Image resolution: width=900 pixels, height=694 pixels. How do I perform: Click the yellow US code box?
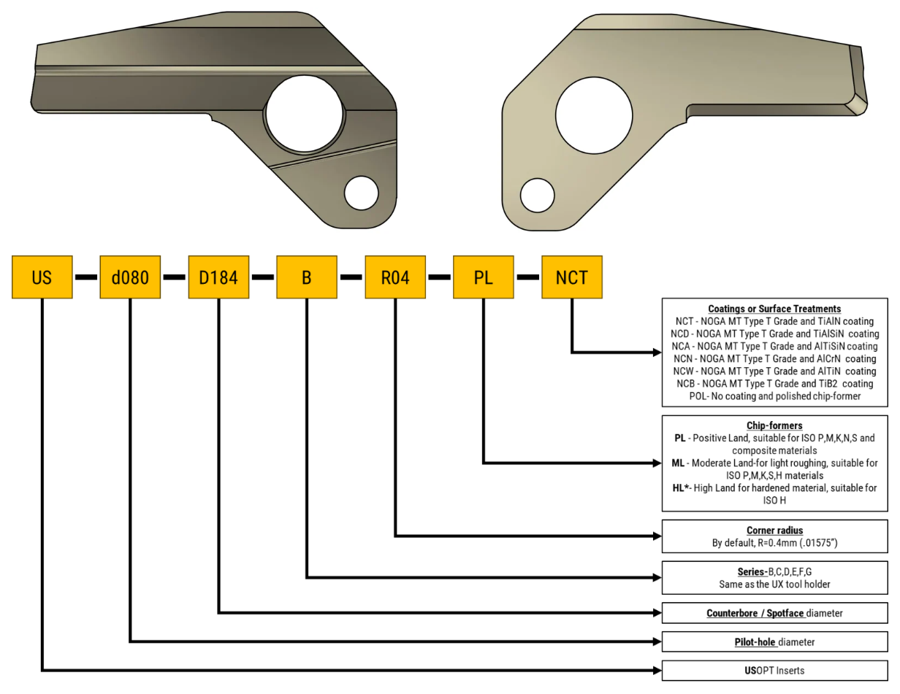point(42,277)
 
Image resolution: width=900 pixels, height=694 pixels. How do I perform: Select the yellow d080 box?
point(130,277)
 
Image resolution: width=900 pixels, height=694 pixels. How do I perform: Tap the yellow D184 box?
point(218,277)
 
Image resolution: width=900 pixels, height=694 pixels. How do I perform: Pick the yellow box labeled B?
point(307,277)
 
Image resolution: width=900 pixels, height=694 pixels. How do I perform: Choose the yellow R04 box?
point(395,277)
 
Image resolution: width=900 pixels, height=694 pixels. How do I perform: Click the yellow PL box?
point(484,277)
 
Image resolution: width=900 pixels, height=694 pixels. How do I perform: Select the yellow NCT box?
point(572,277)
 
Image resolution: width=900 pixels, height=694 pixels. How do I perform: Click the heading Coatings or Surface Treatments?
point(774,309)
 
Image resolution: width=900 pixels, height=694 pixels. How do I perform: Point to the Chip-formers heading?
point(774,425)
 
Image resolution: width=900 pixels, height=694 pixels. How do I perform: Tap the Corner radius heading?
point(774,531)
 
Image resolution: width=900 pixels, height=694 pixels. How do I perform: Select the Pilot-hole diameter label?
point(774,642)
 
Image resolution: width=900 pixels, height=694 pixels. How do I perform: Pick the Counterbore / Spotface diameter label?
point(774,613)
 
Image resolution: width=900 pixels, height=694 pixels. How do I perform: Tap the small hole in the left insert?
point(361,193)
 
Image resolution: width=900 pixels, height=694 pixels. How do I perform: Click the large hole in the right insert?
point(593,116)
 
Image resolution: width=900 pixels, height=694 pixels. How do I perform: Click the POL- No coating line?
point(774,396)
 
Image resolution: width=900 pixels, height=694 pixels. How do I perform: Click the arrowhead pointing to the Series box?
point(656,577)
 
